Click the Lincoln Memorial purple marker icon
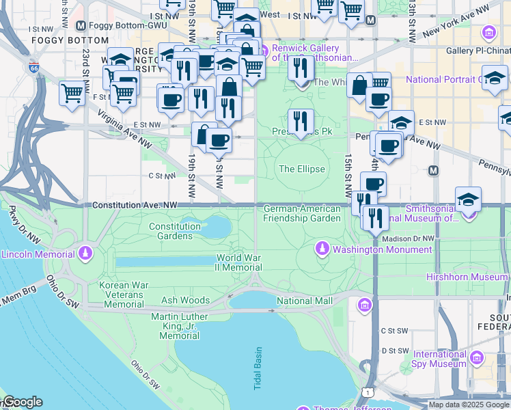[x=85, y=254]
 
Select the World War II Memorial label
[x=238, y=263]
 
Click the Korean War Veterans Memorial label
[x=124, y=295]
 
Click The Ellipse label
[x=301, y=169]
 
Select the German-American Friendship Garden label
[x=301, y=213]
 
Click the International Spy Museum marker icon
[x=477, y=358]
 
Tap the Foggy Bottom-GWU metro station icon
[x=81, y=26]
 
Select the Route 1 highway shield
[x=370, y=392]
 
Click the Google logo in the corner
[x=22, y=402]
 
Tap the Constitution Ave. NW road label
[x=135, y=205]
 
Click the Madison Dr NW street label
[x=409, y=238]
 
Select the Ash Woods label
[x=185, y=300]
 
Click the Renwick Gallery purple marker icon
[x=262, y=49]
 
